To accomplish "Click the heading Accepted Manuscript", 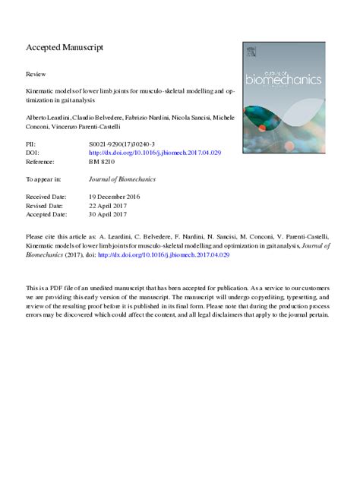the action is (x=65, y=48).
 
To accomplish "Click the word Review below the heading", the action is (x=36, y=75).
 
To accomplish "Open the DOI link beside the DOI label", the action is (x=155, y=153).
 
